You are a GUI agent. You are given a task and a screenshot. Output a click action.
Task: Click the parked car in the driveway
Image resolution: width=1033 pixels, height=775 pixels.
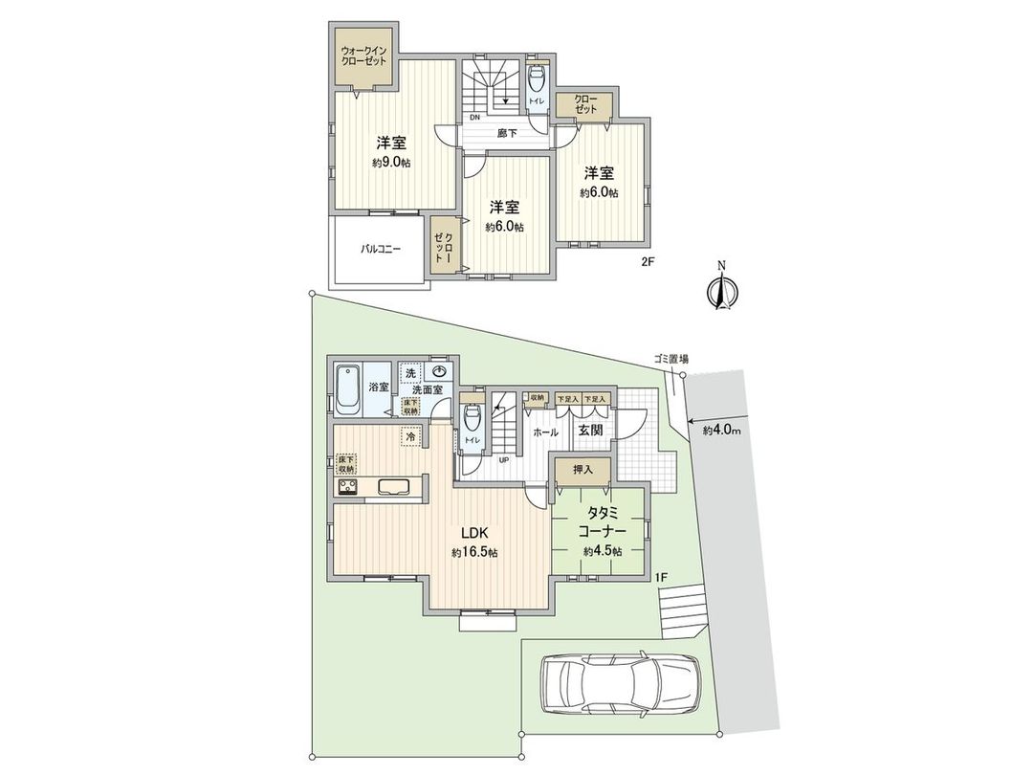point(620,686)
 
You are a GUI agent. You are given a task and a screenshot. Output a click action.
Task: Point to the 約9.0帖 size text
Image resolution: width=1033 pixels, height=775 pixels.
point(392,163)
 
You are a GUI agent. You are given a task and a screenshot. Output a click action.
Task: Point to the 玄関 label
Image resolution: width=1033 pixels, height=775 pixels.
point(588,431)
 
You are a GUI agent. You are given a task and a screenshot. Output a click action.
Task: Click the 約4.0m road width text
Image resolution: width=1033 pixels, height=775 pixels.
point(723,430)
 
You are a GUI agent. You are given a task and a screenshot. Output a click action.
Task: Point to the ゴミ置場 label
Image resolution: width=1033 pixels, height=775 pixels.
point(671,359)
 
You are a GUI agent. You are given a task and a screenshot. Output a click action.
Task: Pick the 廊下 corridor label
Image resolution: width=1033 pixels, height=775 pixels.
point(507,133)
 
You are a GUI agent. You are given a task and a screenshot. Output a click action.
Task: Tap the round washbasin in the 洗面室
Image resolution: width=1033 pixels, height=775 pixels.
point(439,370)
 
